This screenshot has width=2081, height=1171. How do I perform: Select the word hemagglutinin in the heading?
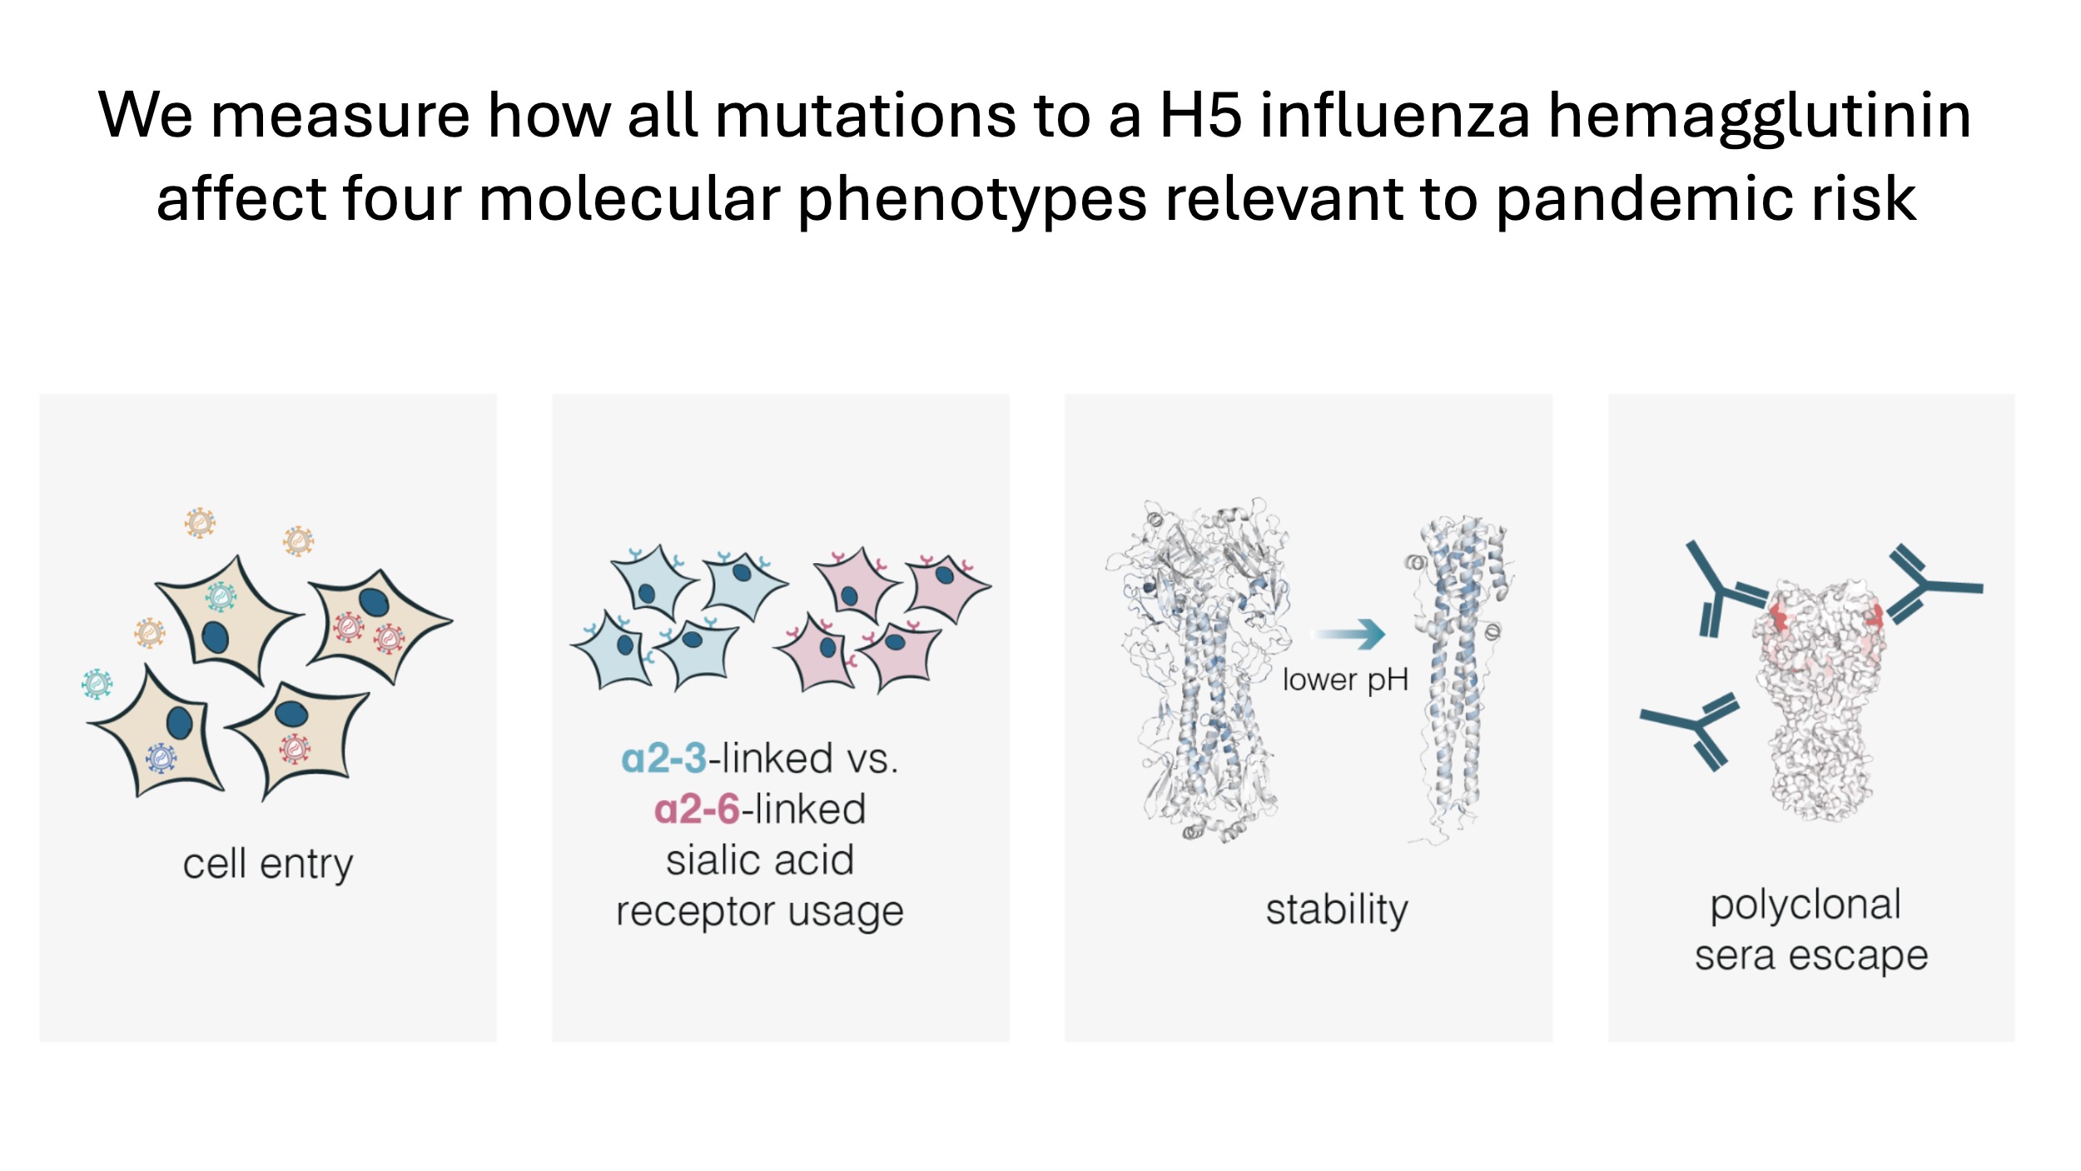click(x=1758, y=117)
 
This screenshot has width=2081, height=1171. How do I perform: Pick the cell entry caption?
click(x=268, y=864)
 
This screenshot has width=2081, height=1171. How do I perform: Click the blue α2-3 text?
click(x=664, y=759)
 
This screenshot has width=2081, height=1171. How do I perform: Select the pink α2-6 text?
click(x=697, y=810)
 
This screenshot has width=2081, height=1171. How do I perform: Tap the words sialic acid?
click(x=759, y=860)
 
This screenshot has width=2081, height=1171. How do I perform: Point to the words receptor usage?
click(x=759, y=912)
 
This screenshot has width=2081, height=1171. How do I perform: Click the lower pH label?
click(x=1345, y=680)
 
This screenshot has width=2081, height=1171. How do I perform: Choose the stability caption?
click(x=1337, y=909)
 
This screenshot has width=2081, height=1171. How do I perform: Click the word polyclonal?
click(x=1805, y=905)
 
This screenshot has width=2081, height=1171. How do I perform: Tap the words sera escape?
click(x=1811, y=956)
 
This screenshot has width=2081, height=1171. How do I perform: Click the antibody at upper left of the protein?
click(x=1721, y=590)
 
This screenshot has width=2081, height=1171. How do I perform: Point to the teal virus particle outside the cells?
click(x=97, y=684)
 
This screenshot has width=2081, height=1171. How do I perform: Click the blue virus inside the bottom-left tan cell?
click(x=161, y=758)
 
